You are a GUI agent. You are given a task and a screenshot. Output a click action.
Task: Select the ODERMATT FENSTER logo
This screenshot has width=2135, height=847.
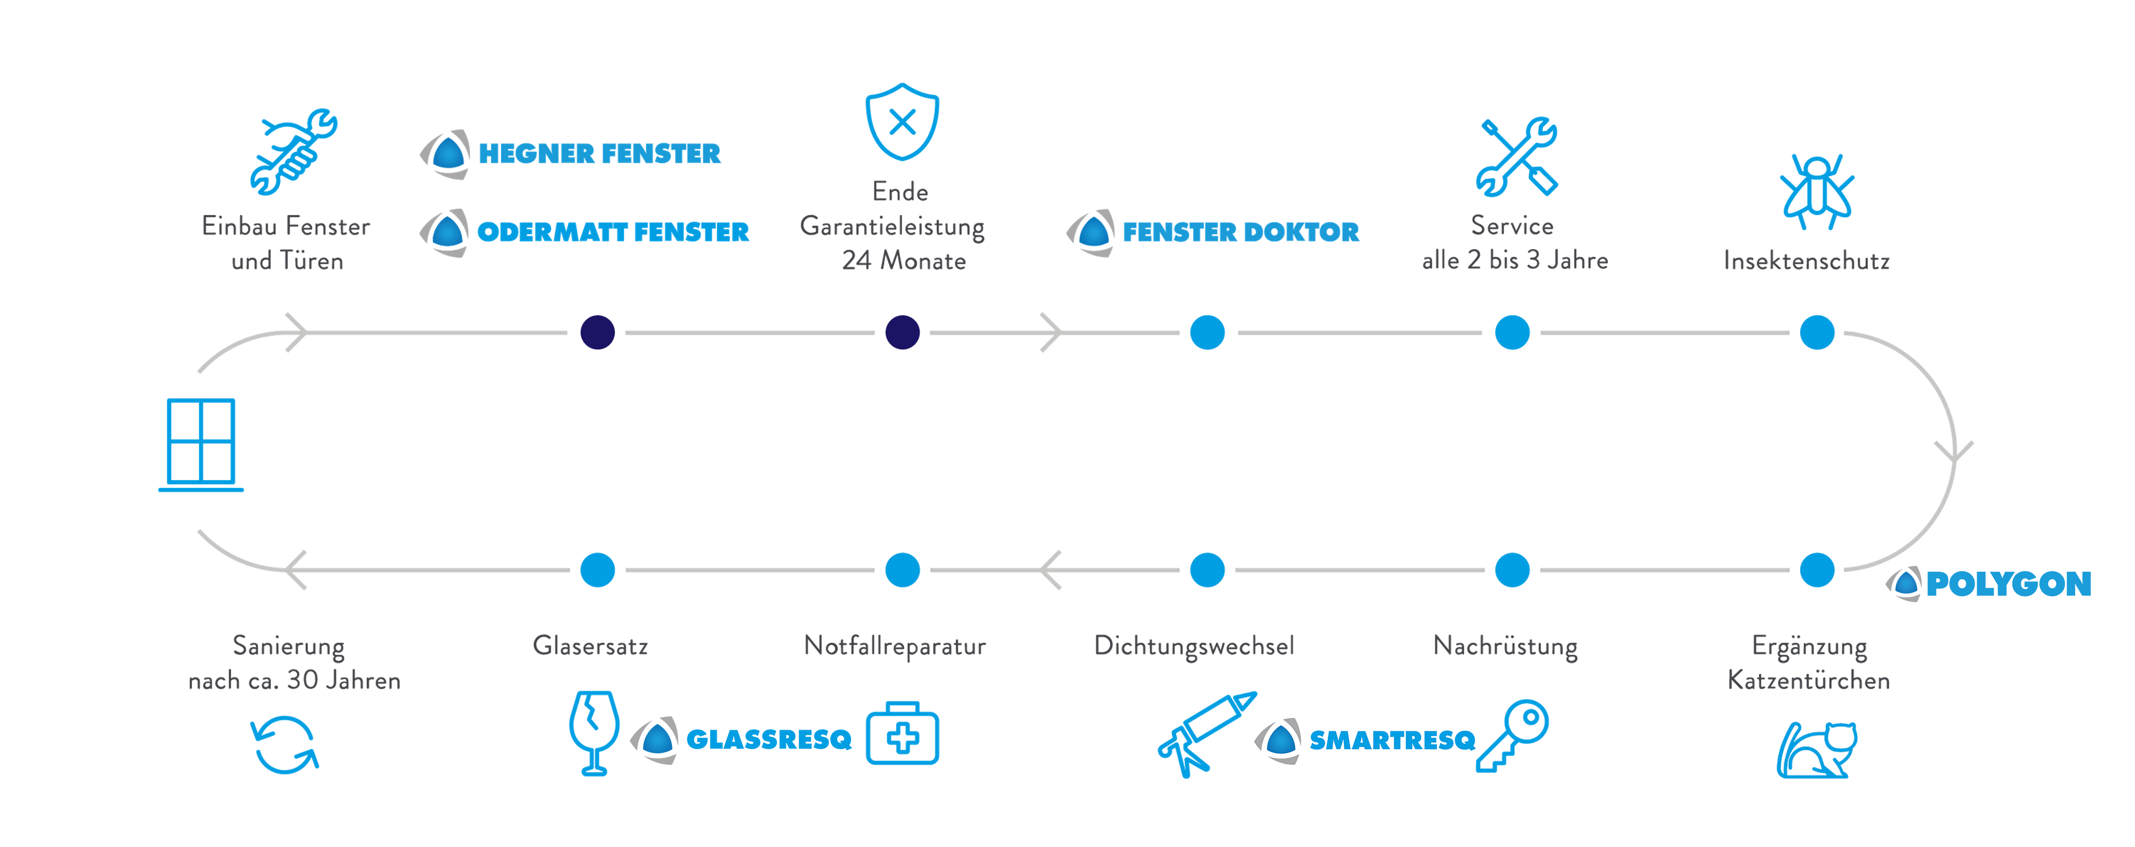[x=585, y=232]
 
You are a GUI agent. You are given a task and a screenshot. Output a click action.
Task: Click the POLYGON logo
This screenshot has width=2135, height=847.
[x=1989, y=584]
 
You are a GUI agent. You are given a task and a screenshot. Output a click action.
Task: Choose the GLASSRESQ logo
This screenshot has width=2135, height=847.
[x=742, y=738]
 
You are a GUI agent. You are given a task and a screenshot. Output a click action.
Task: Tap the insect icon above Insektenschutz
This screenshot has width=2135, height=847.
[x=1817, y=190]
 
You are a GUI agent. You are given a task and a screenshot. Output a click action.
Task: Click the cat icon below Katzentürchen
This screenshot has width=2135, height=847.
[x=1817, y=749]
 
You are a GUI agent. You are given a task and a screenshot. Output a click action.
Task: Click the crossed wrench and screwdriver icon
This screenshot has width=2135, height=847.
[x=1516, y=157]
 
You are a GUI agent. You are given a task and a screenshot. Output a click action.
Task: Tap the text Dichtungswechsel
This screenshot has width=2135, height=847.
[x=1193, y=645]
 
